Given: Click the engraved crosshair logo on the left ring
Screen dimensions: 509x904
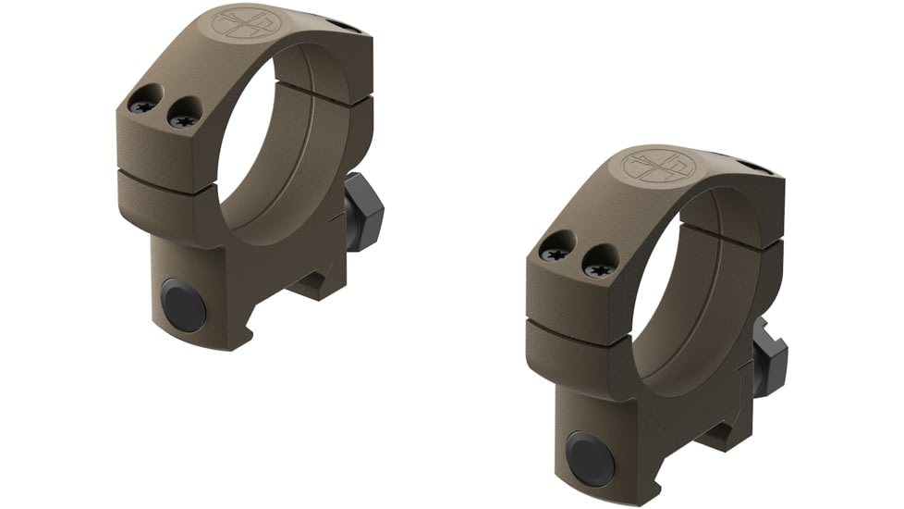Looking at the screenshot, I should (x=242, y=23).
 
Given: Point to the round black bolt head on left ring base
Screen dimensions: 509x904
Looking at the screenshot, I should (x=183, y=304).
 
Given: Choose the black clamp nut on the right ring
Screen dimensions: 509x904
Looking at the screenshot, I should (x=769, y=358).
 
